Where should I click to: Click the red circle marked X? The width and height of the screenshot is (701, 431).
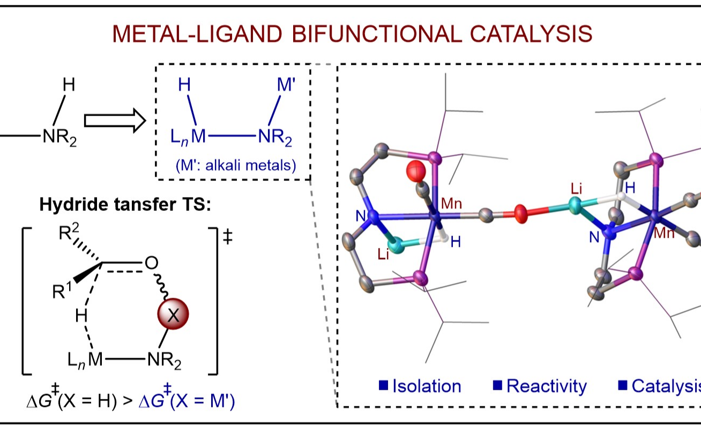coord(172,316)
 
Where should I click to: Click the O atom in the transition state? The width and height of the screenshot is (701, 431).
coord(150,264)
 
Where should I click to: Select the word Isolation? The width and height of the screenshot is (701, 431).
coord(427,386)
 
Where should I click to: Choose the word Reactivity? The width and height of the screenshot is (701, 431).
coord(546,386)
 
